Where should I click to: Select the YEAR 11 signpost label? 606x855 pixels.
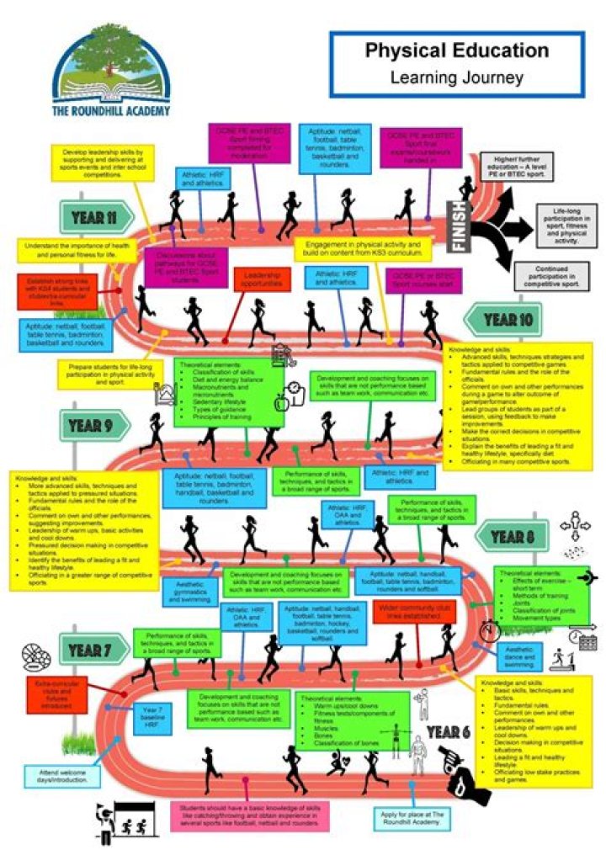(x=95, y=217)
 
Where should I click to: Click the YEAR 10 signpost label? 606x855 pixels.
(x=510, y=320)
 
